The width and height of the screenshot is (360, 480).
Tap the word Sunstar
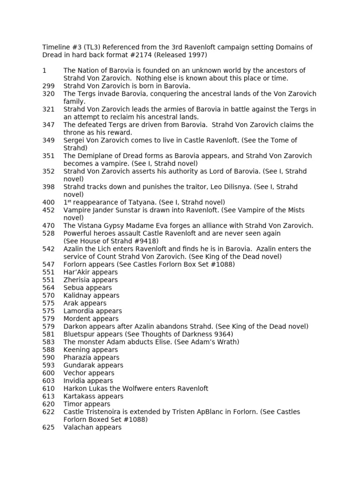127,210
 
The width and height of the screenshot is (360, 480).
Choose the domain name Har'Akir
78,272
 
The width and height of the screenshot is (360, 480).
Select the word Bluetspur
80,334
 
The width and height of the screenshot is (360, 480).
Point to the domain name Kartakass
79,396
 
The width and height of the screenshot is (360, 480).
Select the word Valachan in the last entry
78,427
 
